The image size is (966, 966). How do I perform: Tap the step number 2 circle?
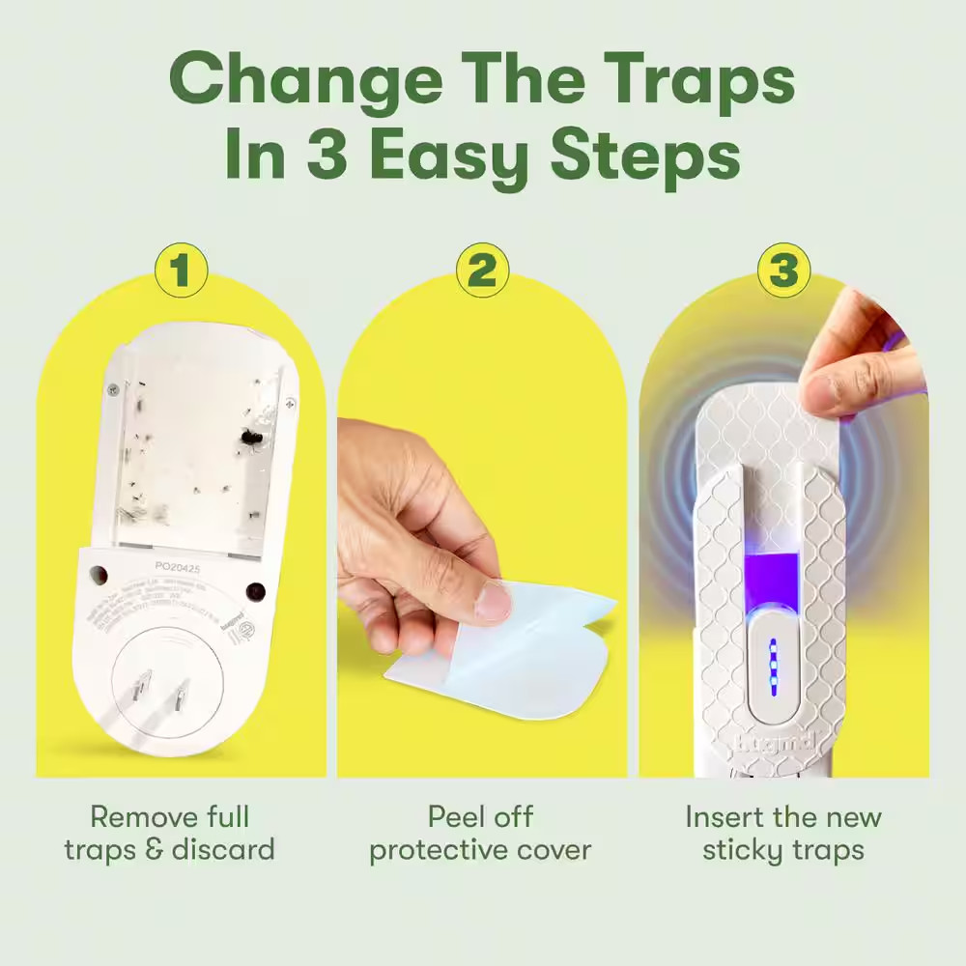click(482, 270)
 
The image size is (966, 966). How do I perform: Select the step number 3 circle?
click(783, 270)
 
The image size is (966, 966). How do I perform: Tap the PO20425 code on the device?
click(177, 570)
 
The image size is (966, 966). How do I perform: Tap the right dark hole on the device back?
click(255, 592)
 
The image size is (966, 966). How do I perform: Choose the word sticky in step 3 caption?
click(738, 849)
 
